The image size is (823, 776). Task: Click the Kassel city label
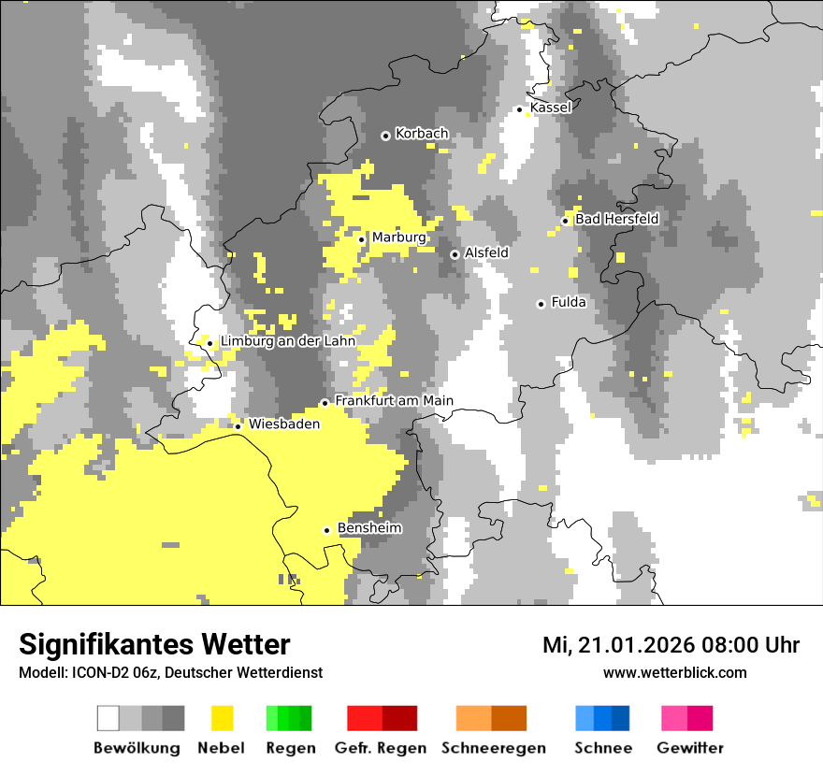pos(550,108)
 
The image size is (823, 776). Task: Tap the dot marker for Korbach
pos(385,136)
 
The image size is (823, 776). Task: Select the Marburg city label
pos(398,237)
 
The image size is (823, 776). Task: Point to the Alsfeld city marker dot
pos(455,254)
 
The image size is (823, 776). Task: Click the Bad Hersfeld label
pos(616,219)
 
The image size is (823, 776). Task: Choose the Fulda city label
pos(569,302)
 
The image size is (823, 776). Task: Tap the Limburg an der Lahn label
pos(287,341)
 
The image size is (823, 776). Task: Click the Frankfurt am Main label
pos(394,401)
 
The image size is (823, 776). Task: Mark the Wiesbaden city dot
pos(238,426)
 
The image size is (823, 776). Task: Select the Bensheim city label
pos(369,528)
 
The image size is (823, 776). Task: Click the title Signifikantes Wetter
pos(154,644)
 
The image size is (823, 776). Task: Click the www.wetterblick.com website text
pos(674,672)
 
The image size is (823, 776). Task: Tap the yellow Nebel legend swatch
pos(222,718)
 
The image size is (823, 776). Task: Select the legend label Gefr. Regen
pos(381,748)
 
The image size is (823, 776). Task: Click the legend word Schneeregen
pos(494,748)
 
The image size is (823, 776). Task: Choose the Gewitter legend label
pos(690,748)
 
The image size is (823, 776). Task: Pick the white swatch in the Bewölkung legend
pos(108,718)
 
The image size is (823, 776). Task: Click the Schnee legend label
pos(603,748)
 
